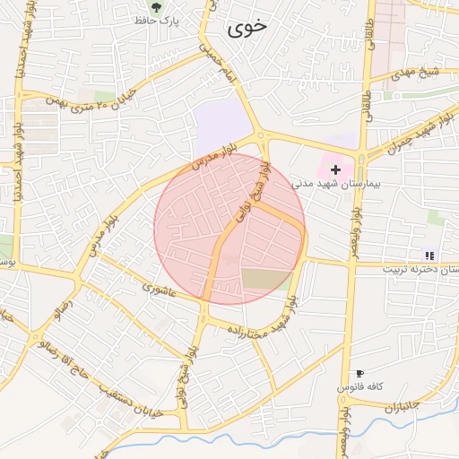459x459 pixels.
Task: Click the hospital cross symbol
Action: click(x=336, y=169)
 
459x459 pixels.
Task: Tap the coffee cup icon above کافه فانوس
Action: click(x=359, y=373)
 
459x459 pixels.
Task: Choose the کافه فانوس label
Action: click(x=360, y=386)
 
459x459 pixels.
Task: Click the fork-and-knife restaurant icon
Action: click(x=429, y=255)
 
